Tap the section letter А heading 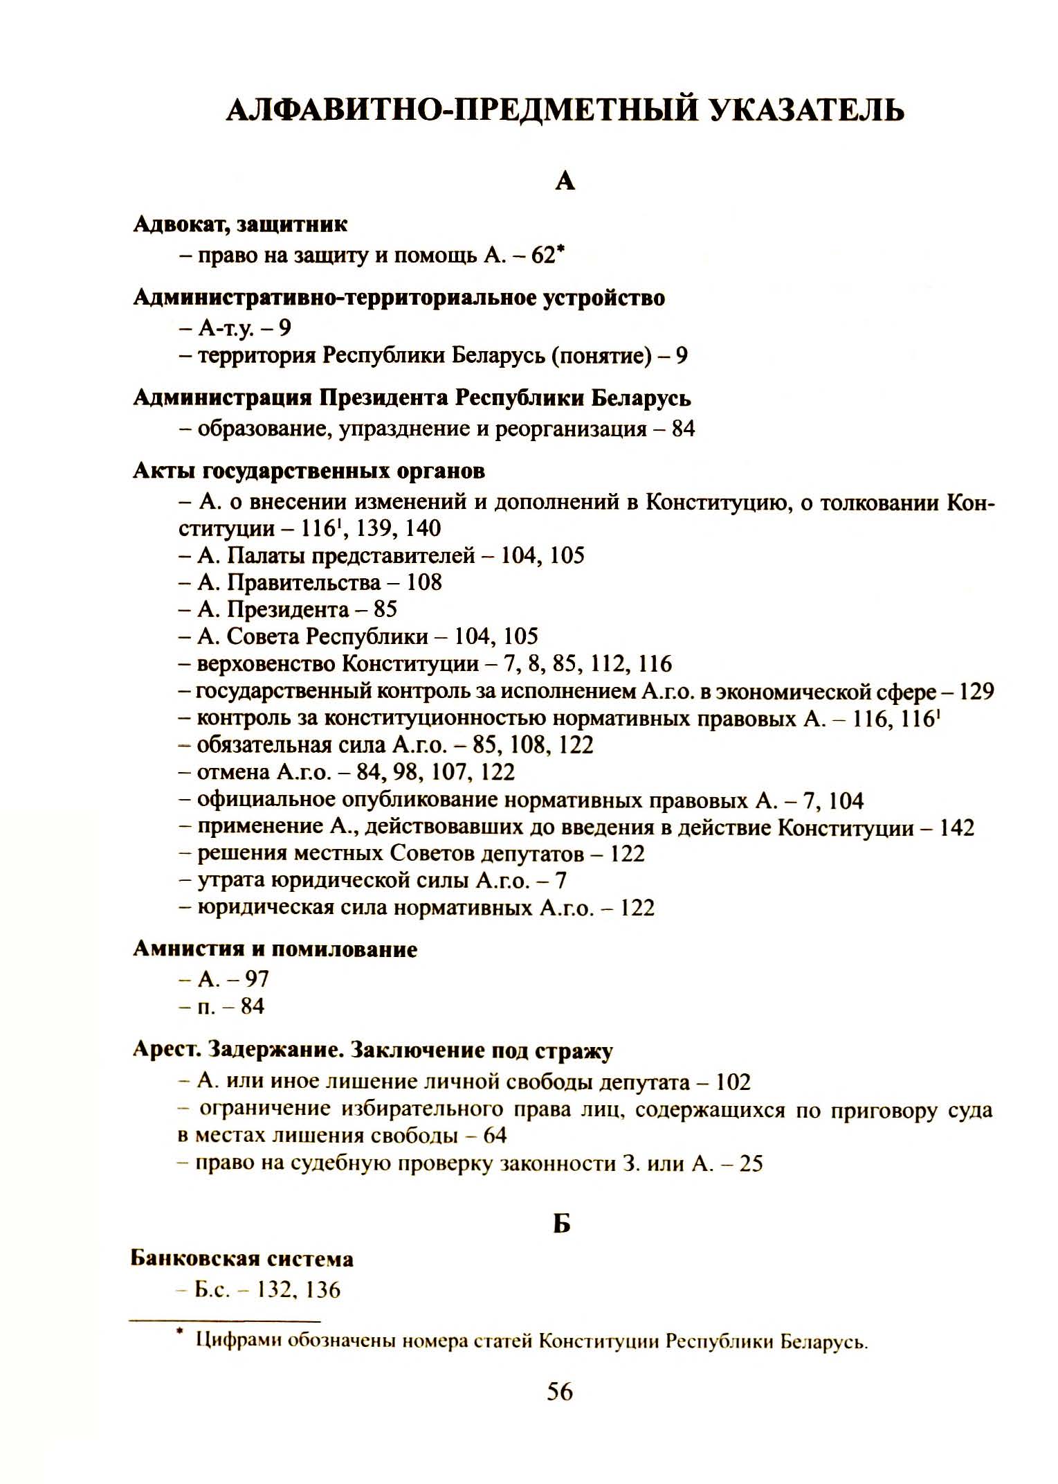(565, 181)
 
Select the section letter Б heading (562, 1224)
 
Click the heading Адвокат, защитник (240, 224)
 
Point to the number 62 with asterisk (544, 256)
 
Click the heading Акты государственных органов (309, 471)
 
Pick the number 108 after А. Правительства (423, 582)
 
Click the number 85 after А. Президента (385, 609)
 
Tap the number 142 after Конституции (956, 828)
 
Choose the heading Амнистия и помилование (275, 948)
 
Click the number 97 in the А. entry (257, 978)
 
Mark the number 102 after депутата (733, 1082)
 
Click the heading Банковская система (241, 1258)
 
